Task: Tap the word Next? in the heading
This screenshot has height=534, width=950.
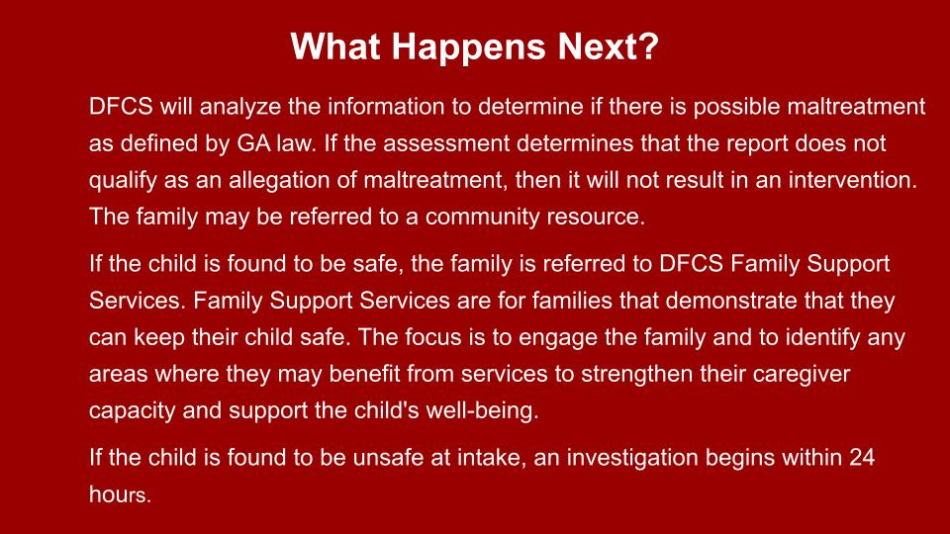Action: pyautogui.click(x=609, y=46)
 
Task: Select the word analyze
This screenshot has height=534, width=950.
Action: pyautogui.click(x=239, y=108)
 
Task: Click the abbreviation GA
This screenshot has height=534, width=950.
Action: pyautogui.click(x=253, y=143)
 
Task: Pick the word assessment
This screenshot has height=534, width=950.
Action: pyautogui.click(x=446, y=144)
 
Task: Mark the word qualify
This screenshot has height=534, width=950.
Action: pyautogui.click(x=123, y=181)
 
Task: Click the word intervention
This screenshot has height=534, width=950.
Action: pyautogui.click(x=852, y=180)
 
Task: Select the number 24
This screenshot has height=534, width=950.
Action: pyautogui.click(x=862, y=458)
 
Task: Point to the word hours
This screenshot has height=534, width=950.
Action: pyautogui.click(x=120, y=494)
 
